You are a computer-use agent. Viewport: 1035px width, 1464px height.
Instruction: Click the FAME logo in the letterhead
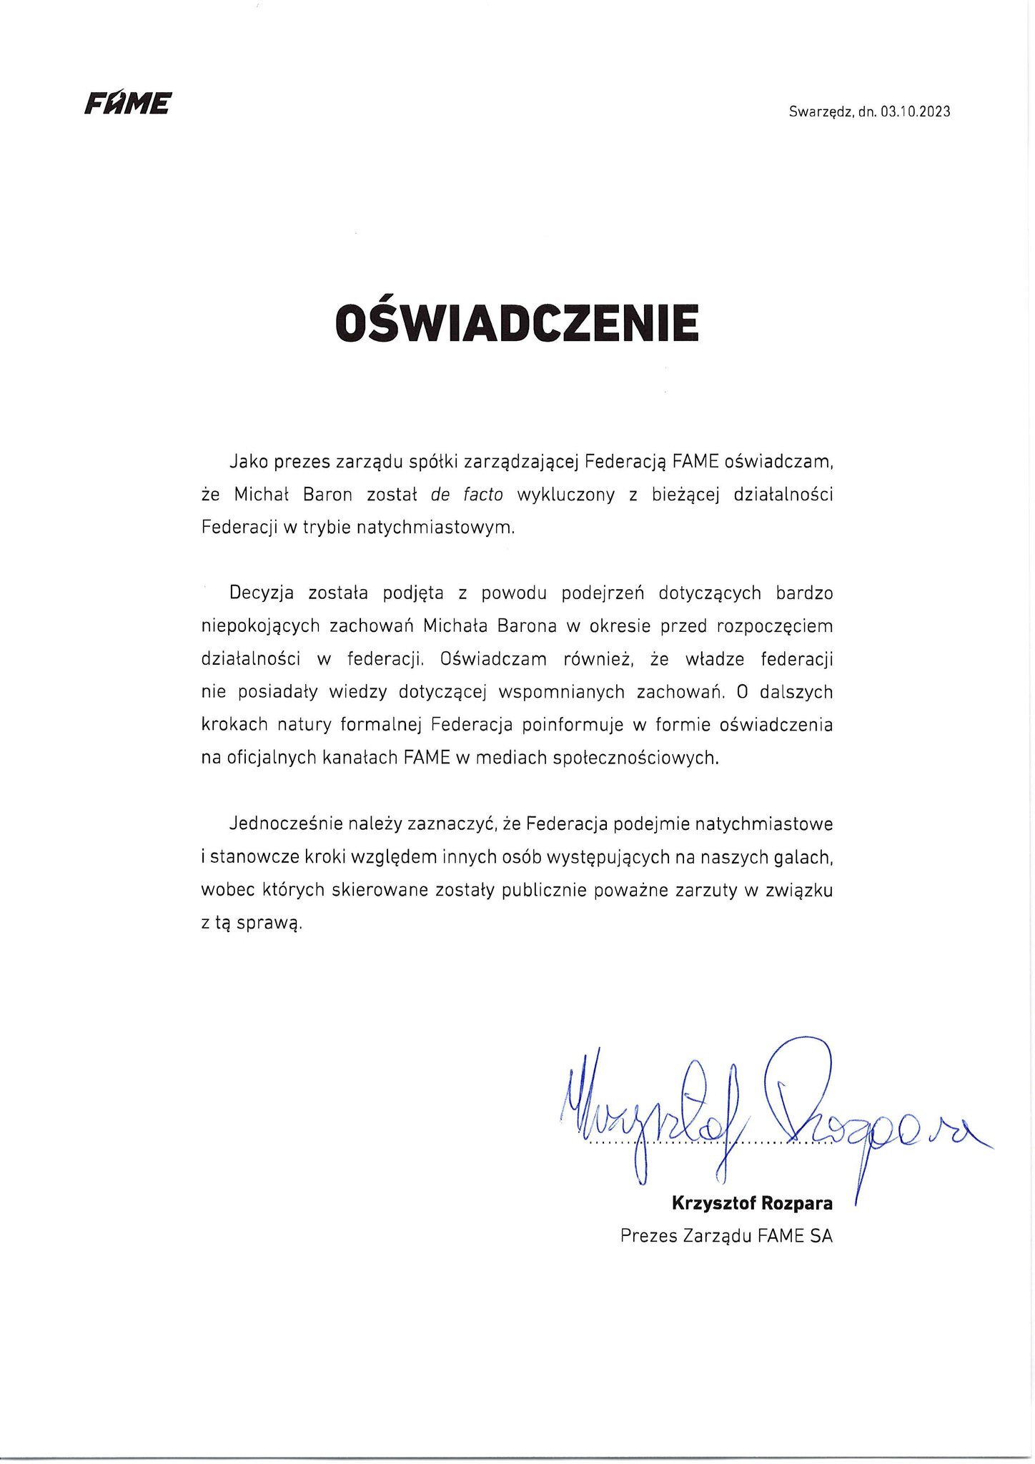tap(127, 104)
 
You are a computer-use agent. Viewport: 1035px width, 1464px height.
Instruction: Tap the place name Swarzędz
tap(820, 112)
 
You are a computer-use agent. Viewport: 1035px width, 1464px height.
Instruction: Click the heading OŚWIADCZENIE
tap(517, 323)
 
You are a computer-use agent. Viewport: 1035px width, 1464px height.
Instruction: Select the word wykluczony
tap(565, 495)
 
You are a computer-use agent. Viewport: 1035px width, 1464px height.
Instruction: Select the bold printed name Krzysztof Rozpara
tap(752, 1203)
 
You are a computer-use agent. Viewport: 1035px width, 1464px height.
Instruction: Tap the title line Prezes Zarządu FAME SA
tap(726, 1236)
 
